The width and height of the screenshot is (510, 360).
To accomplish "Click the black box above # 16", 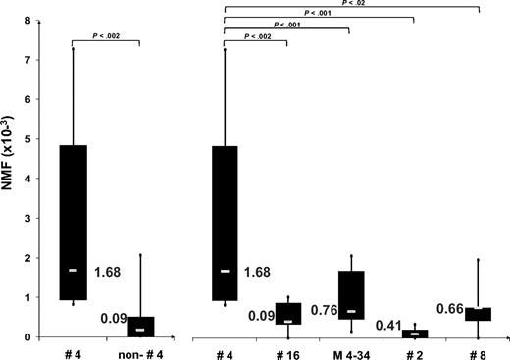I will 287,313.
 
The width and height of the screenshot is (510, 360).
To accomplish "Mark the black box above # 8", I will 478,314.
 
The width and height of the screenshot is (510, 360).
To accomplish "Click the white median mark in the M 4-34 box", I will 350,312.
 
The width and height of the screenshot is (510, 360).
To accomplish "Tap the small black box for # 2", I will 415,334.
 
